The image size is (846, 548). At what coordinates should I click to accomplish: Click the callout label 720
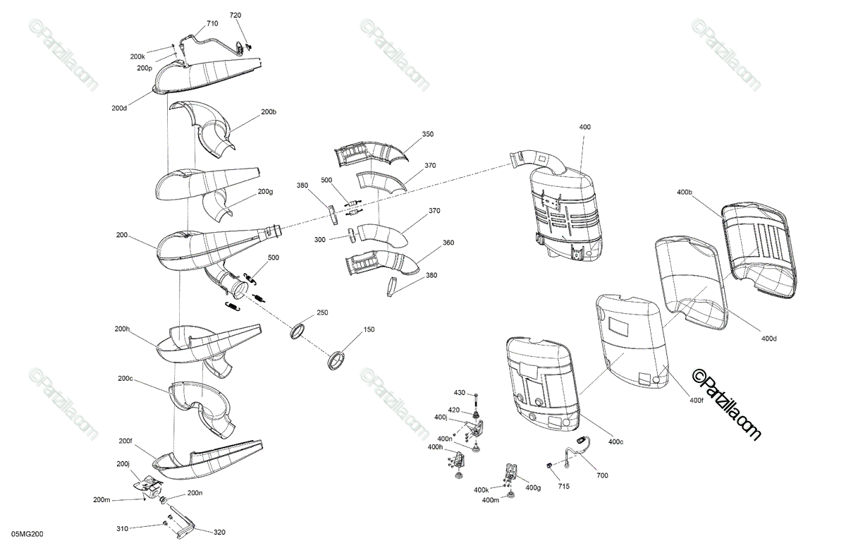235,15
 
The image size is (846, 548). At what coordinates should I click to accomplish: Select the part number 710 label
212,23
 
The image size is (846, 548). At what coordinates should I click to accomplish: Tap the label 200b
269,112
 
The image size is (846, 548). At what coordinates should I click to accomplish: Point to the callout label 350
427,134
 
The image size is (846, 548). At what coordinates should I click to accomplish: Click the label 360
448,243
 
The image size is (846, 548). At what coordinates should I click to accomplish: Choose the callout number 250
322,312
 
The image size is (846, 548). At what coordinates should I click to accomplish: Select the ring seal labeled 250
298,331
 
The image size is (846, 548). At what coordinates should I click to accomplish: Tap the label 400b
685,192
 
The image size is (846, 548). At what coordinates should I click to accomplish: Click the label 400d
768,339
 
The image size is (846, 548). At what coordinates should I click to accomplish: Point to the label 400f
697,400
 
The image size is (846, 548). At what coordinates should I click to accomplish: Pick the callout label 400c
615,442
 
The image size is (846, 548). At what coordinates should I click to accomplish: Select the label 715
563,487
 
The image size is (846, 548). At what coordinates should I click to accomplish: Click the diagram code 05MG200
27,534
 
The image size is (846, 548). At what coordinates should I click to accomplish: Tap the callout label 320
219,532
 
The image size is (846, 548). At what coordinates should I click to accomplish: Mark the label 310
122,529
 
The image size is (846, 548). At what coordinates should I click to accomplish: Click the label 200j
123,464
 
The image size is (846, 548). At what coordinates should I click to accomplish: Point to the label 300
319,240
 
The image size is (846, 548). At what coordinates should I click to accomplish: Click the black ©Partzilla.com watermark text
726,405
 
